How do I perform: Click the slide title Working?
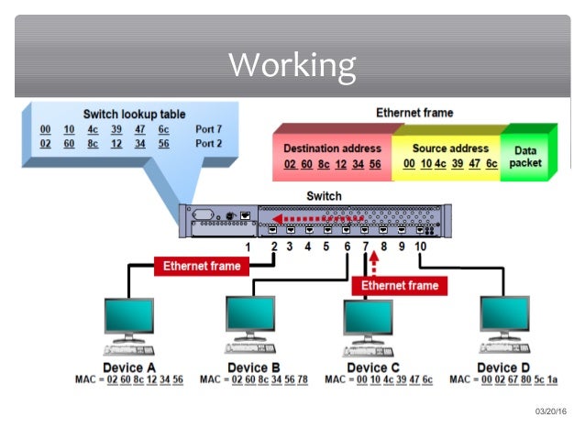pos(292,65)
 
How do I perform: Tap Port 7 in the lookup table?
pos(208,129)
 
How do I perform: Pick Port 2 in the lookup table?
pos(208,144)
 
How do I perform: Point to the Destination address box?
pos(332,156)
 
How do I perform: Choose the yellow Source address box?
pos(449,156)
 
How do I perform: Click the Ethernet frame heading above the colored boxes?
pos(414,113)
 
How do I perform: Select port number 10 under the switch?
pos(420,247)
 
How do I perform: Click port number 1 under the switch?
pos(248,247)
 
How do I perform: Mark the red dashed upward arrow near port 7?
pos(373,263)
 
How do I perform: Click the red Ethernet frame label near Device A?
pos(201,267)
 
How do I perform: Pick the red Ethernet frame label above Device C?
pos(400,286)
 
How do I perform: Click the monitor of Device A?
pos(128,317)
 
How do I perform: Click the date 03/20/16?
pos(549,411)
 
